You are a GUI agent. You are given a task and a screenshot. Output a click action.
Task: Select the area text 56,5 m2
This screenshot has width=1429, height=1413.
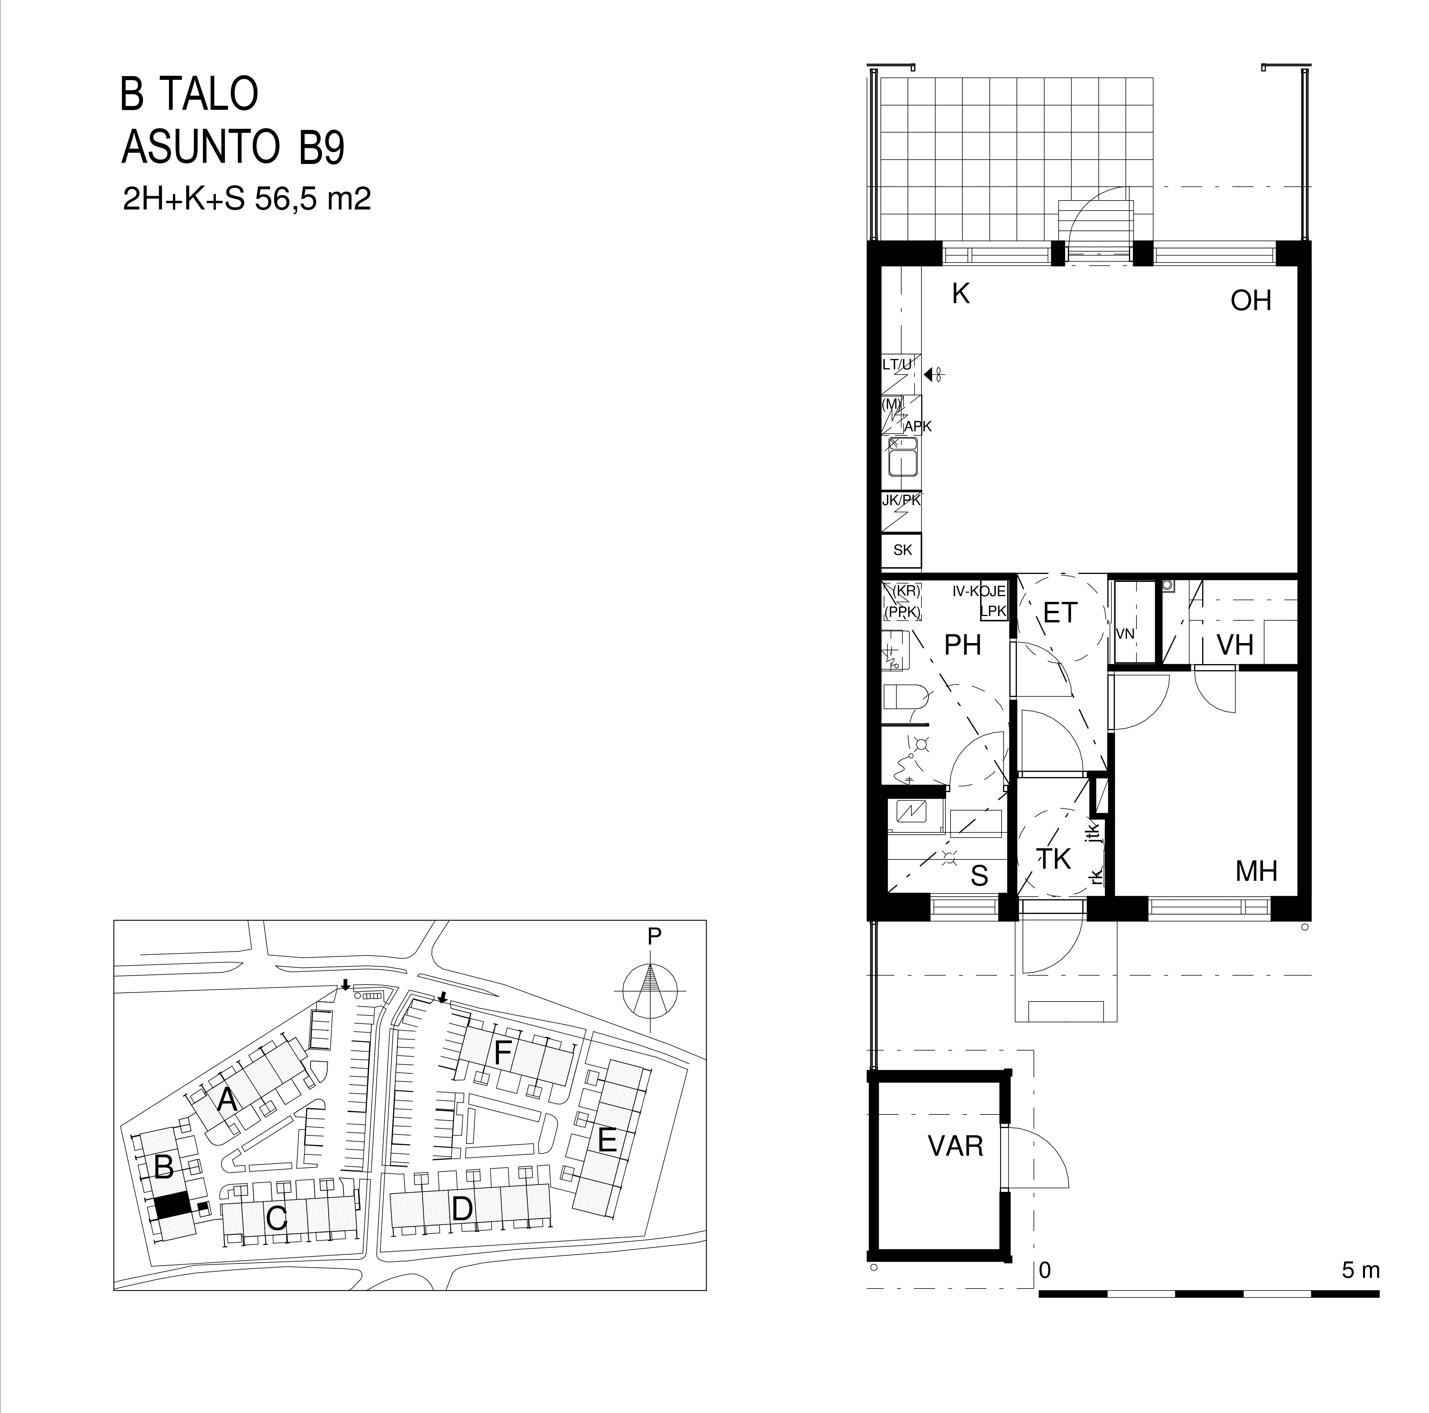point(312,200)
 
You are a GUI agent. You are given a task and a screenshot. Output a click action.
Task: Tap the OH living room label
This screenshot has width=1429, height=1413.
point(1251,301)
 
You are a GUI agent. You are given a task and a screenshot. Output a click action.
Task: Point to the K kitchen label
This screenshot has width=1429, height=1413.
point(961,294)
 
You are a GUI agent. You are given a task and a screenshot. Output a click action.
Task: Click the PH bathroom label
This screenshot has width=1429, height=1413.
point(963,645)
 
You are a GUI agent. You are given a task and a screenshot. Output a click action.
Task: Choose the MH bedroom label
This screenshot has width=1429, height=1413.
point(1257,872)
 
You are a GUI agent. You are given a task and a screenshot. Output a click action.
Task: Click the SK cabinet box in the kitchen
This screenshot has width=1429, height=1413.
point(902,550)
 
